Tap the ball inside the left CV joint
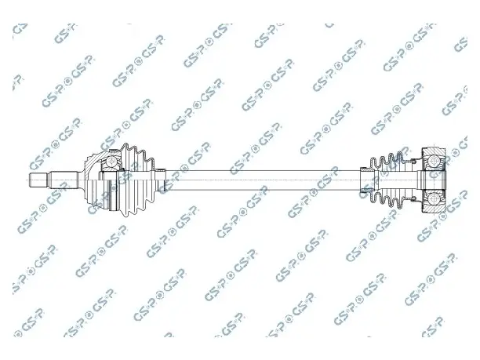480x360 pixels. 111,162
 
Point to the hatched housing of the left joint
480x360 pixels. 92,162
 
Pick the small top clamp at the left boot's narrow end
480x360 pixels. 161,169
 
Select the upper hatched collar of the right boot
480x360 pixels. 365,169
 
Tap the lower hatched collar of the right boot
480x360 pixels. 365,191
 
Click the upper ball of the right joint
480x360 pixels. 435,161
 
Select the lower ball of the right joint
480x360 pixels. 435,199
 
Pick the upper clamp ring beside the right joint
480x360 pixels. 414,160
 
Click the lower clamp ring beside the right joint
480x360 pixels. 414,200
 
